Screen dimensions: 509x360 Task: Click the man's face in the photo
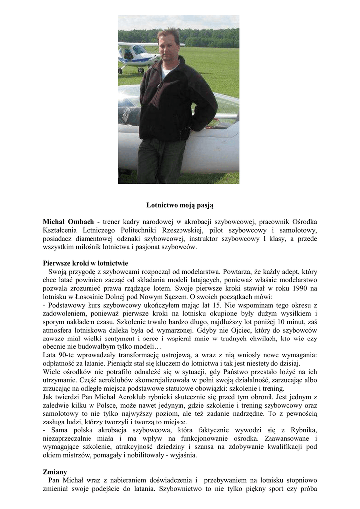point(168,44)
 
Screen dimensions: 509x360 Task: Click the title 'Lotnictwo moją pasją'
point(180,205)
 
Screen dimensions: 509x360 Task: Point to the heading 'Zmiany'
point(55,471)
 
